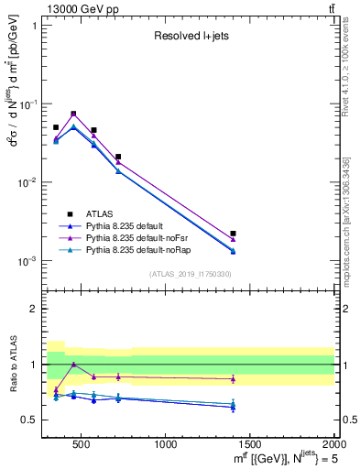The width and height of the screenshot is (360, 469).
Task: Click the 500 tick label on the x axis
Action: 81,444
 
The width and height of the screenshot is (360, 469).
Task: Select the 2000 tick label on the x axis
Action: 334,444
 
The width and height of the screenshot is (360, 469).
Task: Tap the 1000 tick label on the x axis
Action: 166,444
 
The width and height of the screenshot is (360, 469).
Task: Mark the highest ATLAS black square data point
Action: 73,114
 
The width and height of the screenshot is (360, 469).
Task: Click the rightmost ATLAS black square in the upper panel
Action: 233,234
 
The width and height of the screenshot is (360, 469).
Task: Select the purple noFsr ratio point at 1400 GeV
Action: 233,378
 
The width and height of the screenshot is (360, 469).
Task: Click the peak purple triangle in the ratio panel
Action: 73,365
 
